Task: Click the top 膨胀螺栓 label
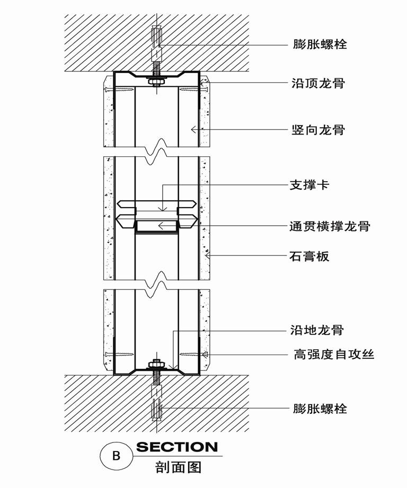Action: pos(320,44)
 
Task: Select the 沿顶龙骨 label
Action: pos(318,83)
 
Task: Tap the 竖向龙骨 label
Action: pos(318,129)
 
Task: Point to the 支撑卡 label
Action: pos(309,185)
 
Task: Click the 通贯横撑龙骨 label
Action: pos(330,226)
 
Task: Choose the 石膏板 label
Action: pos(309,256)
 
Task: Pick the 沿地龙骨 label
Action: pos(317,330)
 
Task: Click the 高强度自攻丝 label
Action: pos(334,354)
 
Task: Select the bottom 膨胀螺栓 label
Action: pos(320,408)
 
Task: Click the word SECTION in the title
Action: pos(177,447)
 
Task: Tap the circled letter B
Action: pos(116,456)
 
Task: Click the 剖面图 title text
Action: pos(178,467)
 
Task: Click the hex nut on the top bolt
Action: pos(156,82)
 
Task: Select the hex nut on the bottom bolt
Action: pos(156,364)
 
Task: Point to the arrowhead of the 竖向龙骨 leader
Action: pos(194,129)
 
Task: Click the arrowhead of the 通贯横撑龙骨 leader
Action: pos(161,226)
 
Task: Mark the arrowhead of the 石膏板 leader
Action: pos(208,256)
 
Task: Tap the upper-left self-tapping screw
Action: pos(120,90)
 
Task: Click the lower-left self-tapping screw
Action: pos(120,354)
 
